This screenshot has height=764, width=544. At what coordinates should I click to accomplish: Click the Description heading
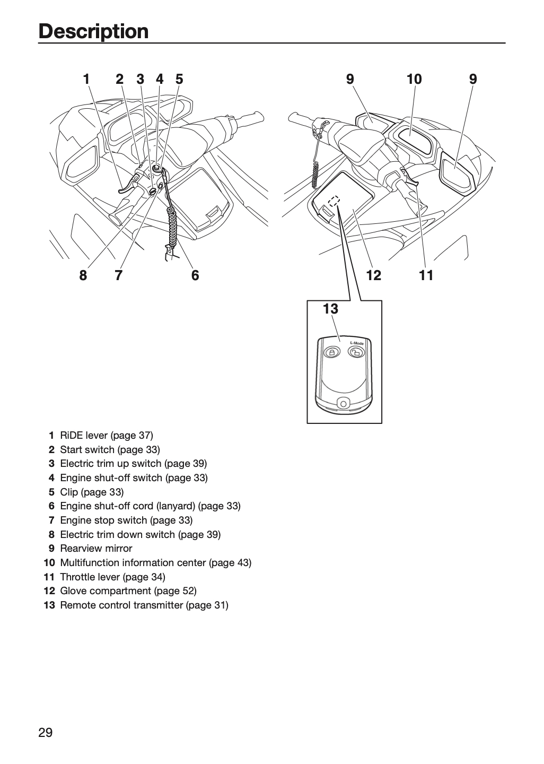93,31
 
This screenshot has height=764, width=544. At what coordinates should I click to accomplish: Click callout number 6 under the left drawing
195,275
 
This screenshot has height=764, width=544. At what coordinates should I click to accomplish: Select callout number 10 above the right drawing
414,79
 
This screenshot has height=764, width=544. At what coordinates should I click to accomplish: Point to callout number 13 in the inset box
330,309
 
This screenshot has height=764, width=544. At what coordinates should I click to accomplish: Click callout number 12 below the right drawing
374,275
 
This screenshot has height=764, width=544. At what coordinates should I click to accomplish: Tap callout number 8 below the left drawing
83,275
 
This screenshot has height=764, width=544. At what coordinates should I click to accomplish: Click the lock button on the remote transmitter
332,352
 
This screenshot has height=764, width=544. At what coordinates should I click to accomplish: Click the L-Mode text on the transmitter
357,343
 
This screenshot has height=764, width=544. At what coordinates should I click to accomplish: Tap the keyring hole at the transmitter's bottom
343,404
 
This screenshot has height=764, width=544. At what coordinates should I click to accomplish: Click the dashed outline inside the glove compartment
334,201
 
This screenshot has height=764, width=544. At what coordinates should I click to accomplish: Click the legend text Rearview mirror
96,549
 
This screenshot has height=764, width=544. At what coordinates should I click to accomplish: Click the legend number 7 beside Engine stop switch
51,520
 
